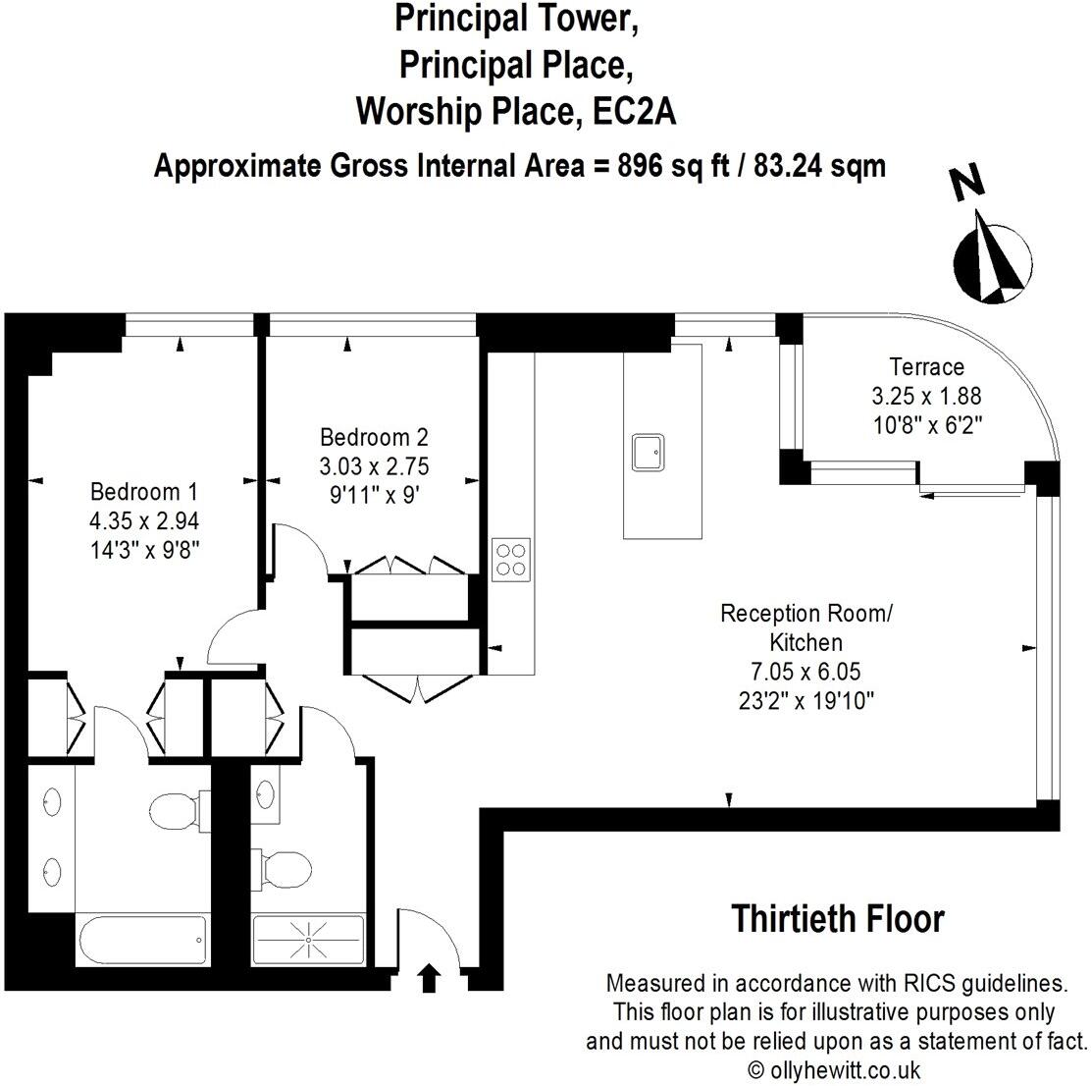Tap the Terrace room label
tap(926, 367)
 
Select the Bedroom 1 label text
tap(135, 492)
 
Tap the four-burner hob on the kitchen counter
tap(511, 559)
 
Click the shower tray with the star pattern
tap(308, 940)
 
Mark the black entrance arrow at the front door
tap(429, 978)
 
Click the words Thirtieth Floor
tap(838, 920)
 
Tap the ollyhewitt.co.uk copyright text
tap(833, 1069)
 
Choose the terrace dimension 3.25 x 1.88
tap(926, 397)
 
